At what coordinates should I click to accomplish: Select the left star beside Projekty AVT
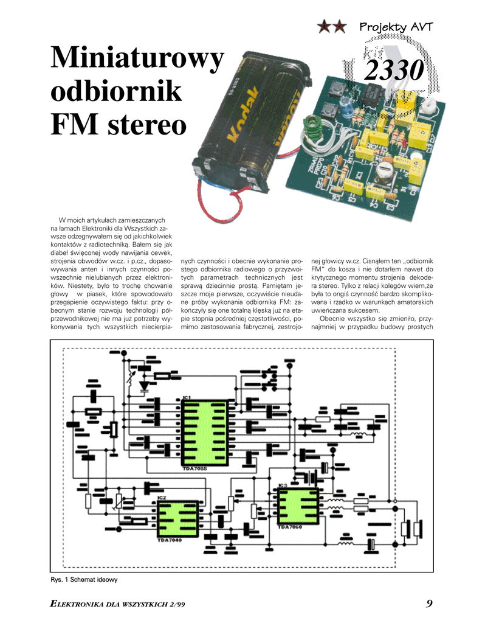(326, 26)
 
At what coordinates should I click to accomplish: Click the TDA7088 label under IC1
(194, 469)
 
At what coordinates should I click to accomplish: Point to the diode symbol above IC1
(143, 385)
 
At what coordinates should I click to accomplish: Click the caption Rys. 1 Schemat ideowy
(83, 580)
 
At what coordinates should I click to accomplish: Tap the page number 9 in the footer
(429, 604)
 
